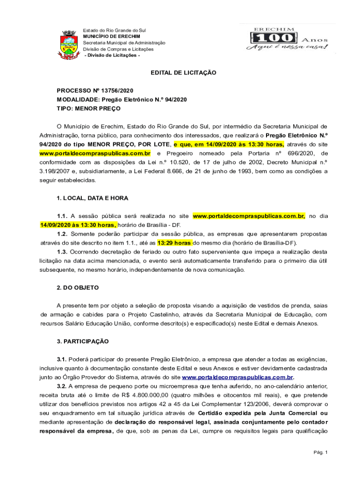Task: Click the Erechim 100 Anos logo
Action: coord(288,39)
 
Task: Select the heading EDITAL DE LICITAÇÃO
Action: coord(183,73)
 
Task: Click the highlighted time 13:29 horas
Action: coord(174,243)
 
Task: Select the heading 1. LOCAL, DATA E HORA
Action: coord(92,198)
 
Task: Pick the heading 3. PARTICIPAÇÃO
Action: coord(83,341)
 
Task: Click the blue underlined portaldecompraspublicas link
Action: coord(237,377)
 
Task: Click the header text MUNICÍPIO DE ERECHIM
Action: coord(108,36)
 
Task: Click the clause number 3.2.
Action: coord(62,386)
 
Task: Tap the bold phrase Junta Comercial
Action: coord(291,413)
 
